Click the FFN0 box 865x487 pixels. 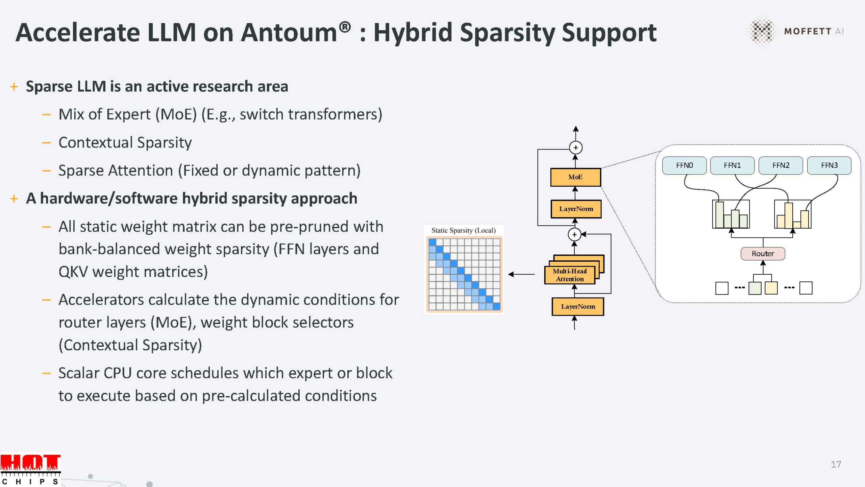coord(684,165)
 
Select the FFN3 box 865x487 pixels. coord(829,165)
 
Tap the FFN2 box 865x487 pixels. coord(781,165)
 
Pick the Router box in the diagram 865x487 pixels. coord(763,254)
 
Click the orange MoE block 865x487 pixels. coord(575,177)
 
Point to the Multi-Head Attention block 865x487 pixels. coord(570,275)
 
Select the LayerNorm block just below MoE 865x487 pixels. coord(576,209)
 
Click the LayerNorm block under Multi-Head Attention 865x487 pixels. coord(578,307)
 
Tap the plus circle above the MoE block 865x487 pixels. coord(576,148)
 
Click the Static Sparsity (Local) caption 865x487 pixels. coord(463,231)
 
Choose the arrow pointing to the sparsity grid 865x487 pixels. coord(521,274)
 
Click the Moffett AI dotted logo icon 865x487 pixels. coord(762,31)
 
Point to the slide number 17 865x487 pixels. coord(836,464)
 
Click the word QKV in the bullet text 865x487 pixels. coord(73,272)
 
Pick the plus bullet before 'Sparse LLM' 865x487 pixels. coord(14,87)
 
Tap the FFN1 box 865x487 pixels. coord(732,165)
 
